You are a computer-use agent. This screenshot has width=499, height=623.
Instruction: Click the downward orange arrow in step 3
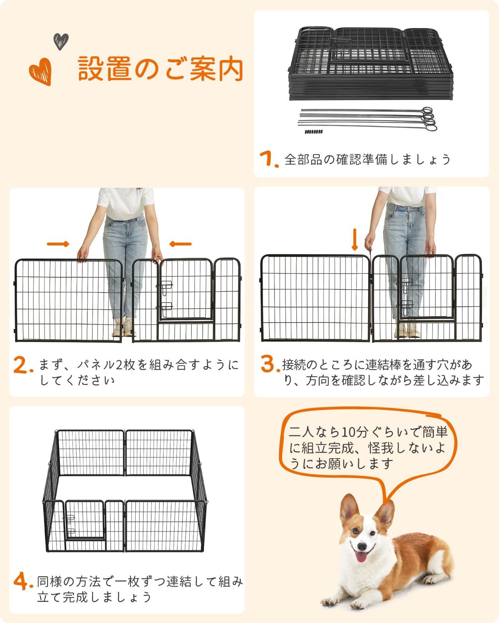354,239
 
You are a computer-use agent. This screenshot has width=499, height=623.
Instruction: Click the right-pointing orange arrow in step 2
58,244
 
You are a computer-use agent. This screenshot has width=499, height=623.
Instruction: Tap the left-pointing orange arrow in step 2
180,244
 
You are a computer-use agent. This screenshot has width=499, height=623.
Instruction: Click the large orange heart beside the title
41,71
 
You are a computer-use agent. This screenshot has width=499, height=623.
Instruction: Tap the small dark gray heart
61,41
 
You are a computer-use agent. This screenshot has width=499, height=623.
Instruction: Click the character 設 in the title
92,69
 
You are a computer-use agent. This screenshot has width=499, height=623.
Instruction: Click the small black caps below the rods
314,132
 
